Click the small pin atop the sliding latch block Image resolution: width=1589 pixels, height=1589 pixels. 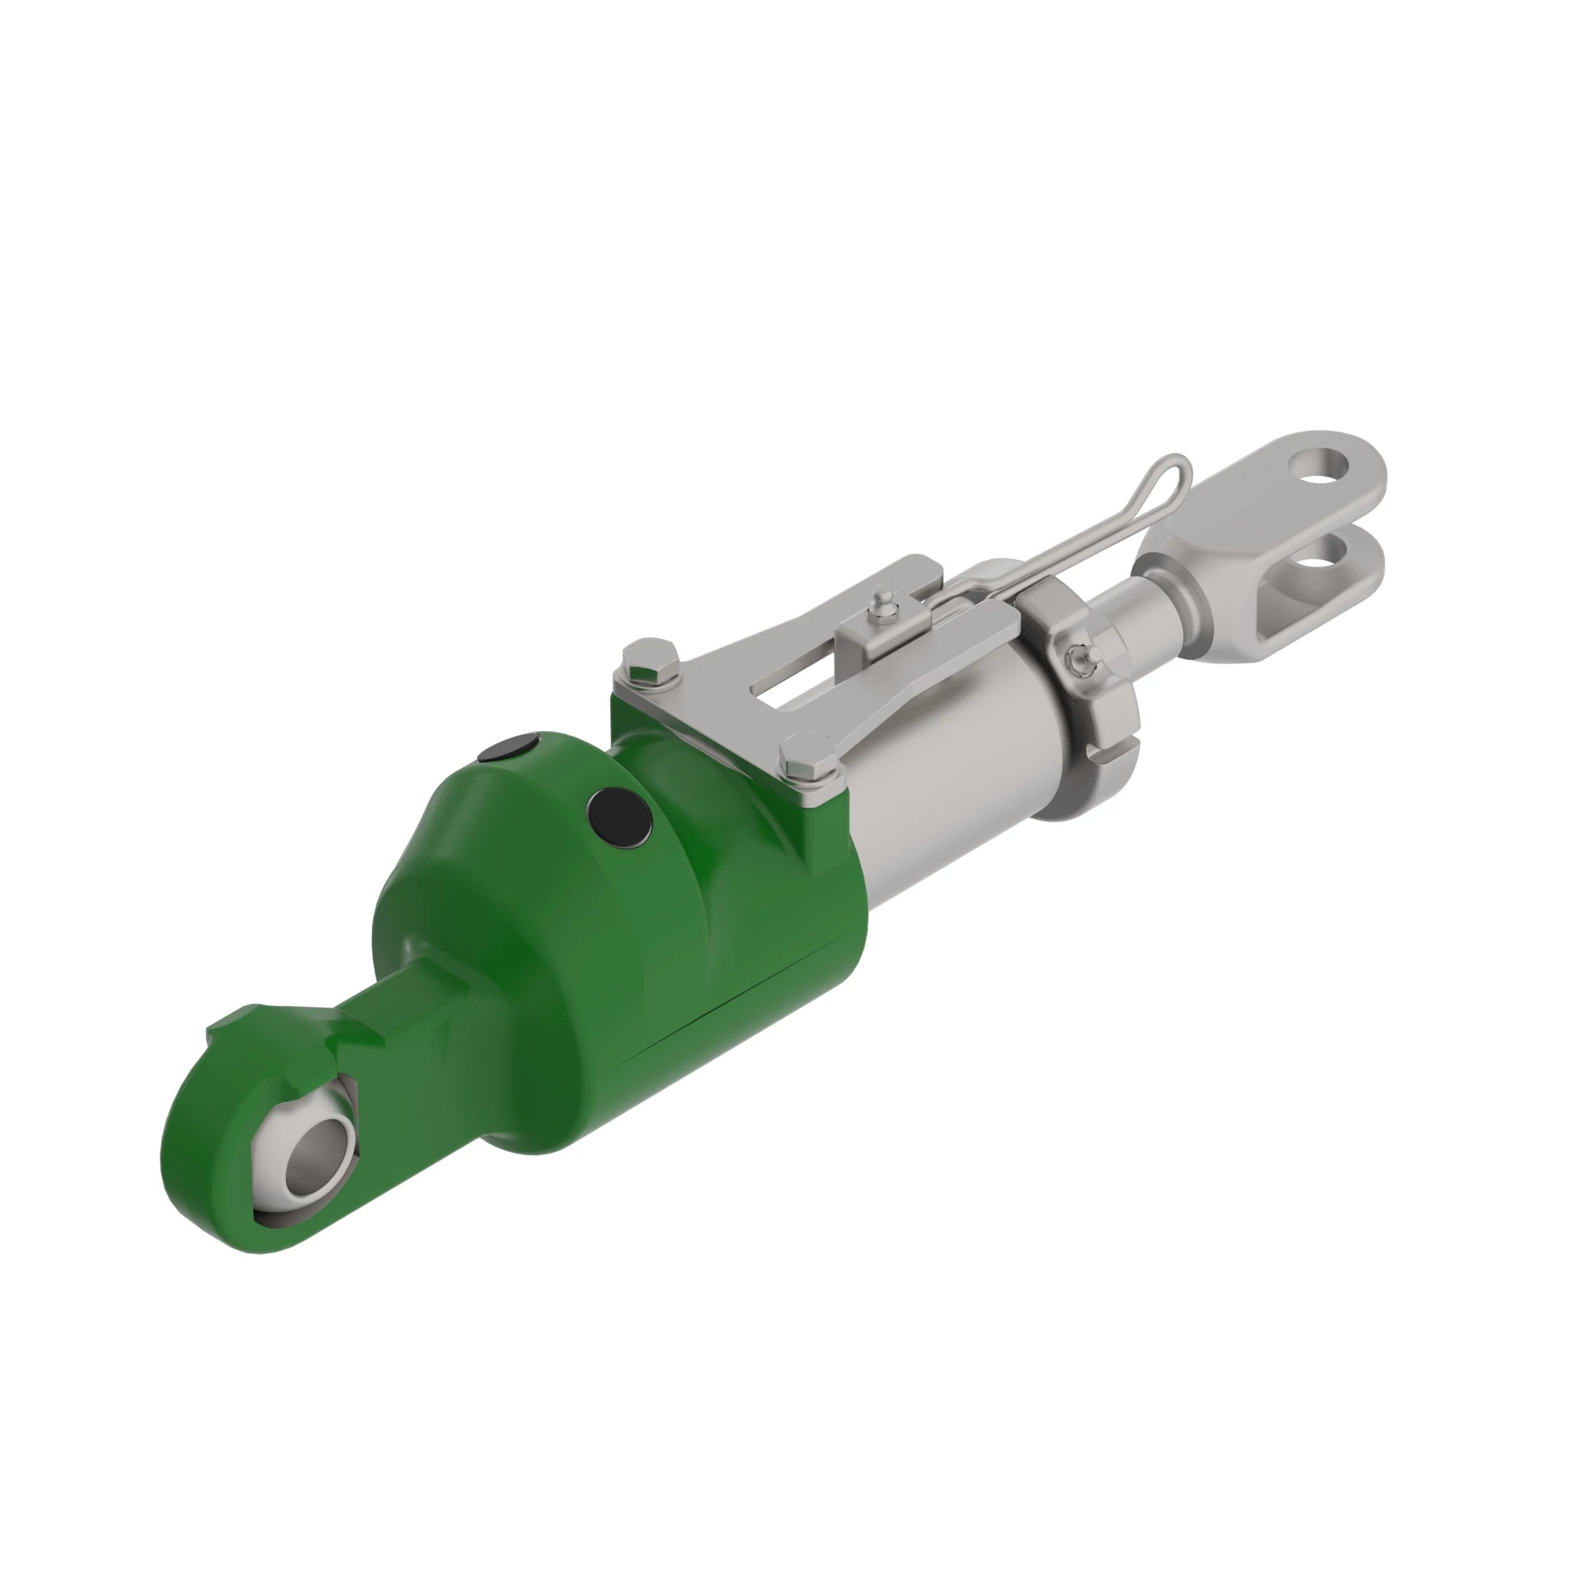coord(883,598)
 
